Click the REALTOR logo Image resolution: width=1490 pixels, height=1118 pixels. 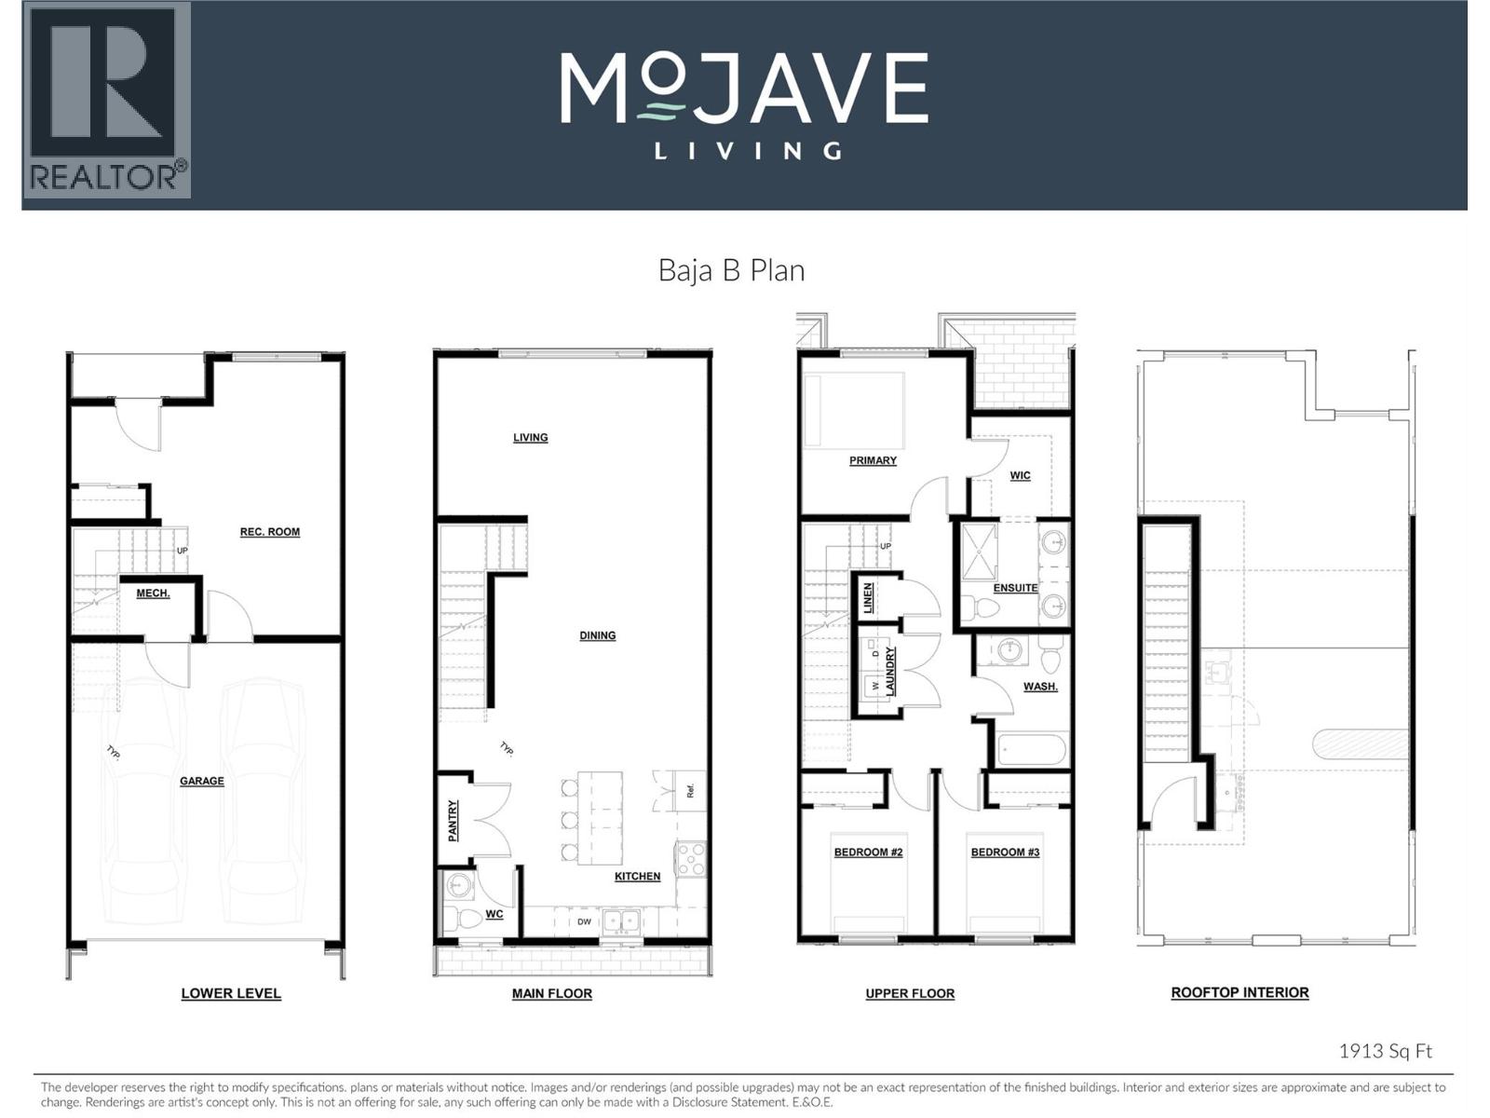click(106, 100)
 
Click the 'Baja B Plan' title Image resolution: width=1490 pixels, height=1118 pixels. click(731, 270)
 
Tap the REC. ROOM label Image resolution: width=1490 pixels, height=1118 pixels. click(270, 532)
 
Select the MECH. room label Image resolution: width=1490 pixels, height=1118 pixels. click(153, 593)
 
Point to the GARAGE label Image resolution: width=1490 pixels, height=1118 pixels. click(202, 781)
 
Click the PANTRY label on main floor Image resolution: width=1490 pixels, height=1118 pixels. click(454, 821)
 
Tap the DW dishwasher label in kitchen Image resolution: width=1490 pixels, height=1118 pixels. click(584, 922)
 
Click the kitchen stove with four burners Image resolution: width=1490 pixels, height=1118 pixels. click(691, 858)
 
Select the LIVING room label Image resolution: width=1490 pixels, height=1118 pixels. click(530, 438)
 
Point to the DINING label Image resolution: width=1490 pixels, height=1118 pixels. click(597, 635)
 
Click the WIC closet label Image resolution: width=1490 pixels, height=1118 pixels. click(1020, 475)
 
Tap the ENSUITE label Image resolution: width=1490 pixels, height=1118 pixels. click(1015, 588)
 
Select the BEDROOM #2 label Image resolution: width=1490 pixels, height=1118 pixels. click(867, 852)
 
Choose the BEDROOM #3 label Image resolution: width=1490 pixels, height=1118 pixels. click(1005, 852)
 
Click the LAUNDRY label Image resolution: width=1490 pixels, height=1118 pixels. click(890, 671)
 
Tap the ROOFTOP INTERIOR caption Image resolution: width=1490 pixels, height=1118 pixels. click(1239, 993)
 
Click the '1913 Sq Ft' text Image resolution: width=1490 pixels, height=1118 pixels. click(1385, 1051)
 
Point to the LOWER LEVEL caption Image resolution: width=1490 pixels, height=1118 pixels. click(231, 994)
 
